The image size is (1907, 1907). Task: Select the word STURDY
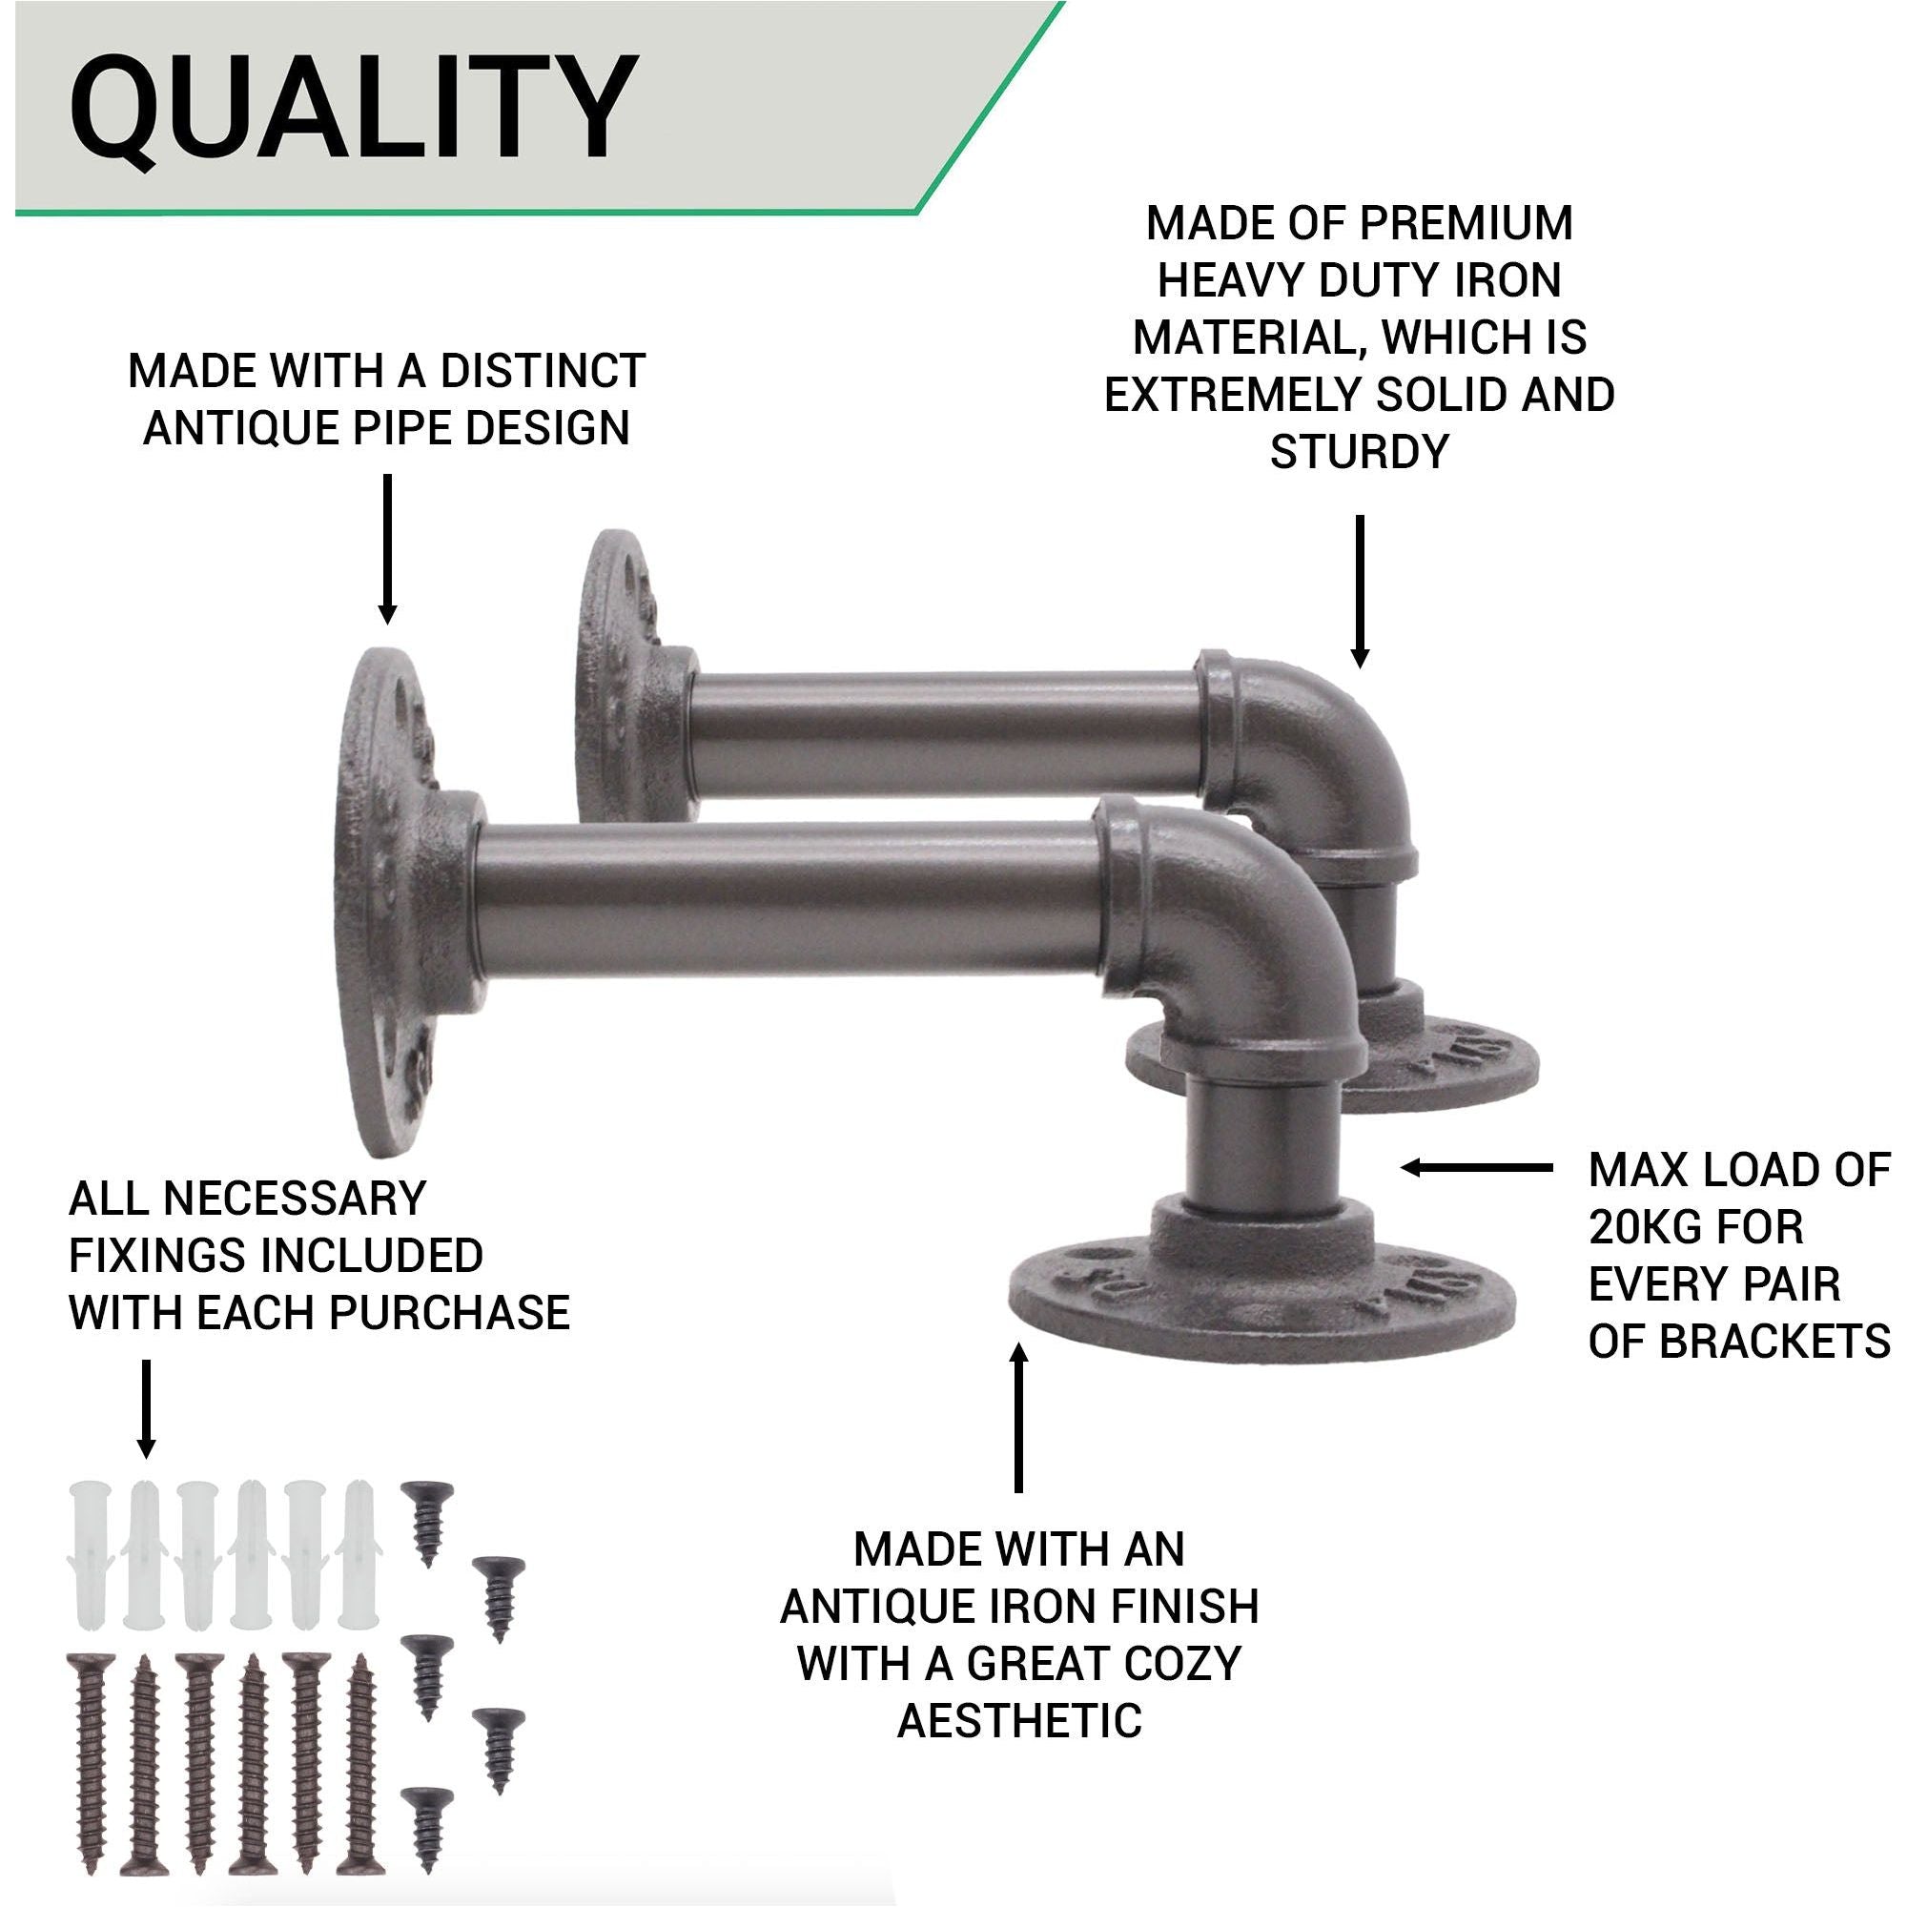coord(1358,452)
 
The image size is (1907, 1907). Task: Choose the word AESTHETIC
coord(1018,1720)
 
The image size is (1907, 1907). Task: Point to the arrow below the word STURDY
coord(1359,591)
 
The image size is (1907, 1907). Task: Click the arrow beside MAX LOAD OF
coord(1476,1168)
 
